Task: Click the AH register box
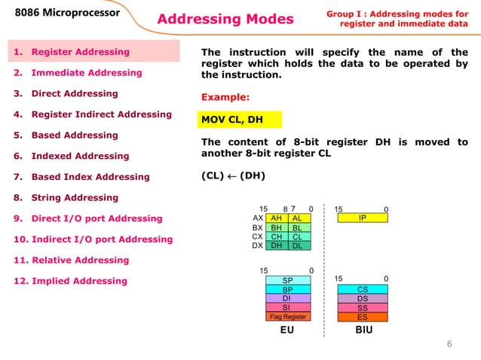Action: (276, 217)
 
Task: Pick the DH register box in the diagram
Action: (276, 245)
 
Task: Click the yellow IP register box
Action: (362, 217)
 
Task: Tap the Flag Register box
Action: (287, 317)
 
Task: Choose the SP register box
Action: (287, 280)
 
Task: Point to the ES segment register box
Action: (362, 317)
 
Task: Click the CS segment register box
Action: (362, 289)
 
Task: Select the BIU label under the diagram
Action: (363, 331)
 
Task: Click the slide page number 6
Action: (449, 344)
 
